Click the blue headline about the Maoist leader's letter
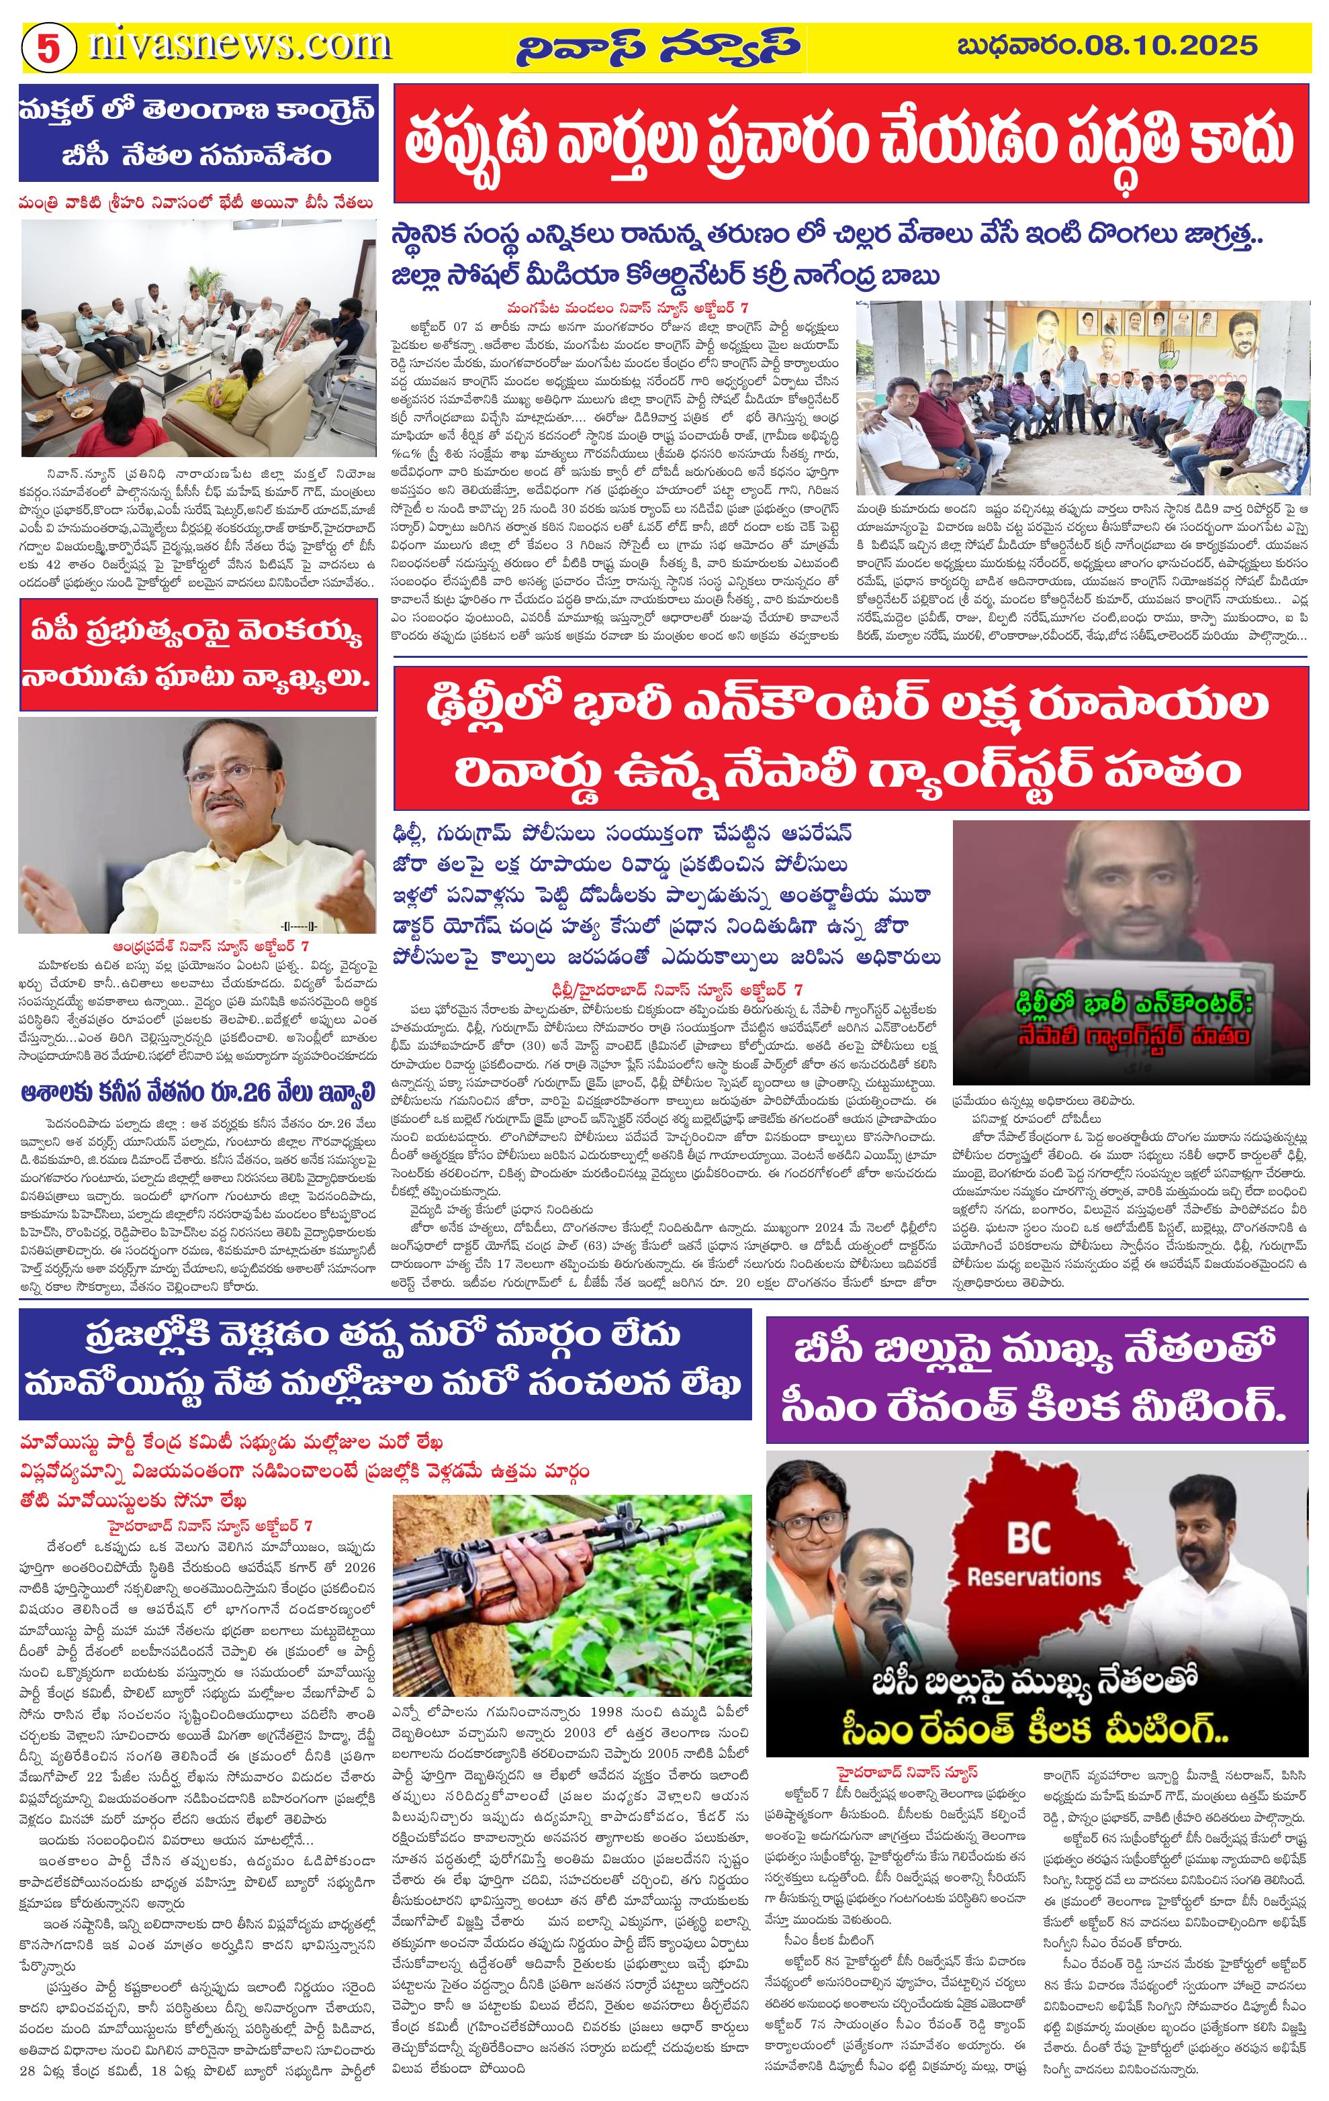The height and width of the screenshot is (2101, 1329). click(x=384, y=1363)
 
